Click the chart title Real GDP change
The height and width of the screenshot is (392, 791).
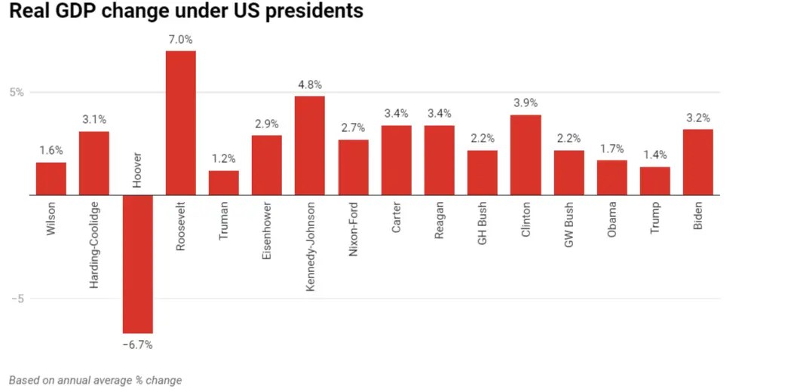(185, 12)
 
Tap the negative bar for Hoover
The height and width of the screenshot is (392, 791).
(137, 264)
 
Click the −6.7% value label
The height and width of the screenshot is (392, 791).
(137, 345)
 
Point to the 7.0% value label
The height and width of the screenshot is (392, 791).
(180, 39)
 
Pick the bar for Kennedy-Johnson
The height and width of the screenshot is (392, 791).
(309, 145)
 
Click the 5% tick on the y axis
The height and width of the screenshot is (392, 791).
(17, 93)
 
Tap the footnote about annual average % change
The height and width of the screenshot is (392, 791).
(95, 380)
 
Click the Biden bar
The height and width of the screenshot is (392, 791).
(697, 162)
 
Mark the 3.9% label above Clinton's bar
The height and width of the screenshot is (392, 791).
(525, 103)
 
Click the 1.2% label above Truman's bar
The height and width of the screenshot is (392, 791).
(223, 158)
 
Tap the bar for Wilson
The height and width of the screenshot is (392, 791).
(51, 179)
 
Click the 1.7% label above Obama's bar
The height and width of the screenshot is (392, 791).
(612, 149)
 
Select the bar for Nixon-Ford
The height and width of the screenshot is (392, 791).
(353, 167)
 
